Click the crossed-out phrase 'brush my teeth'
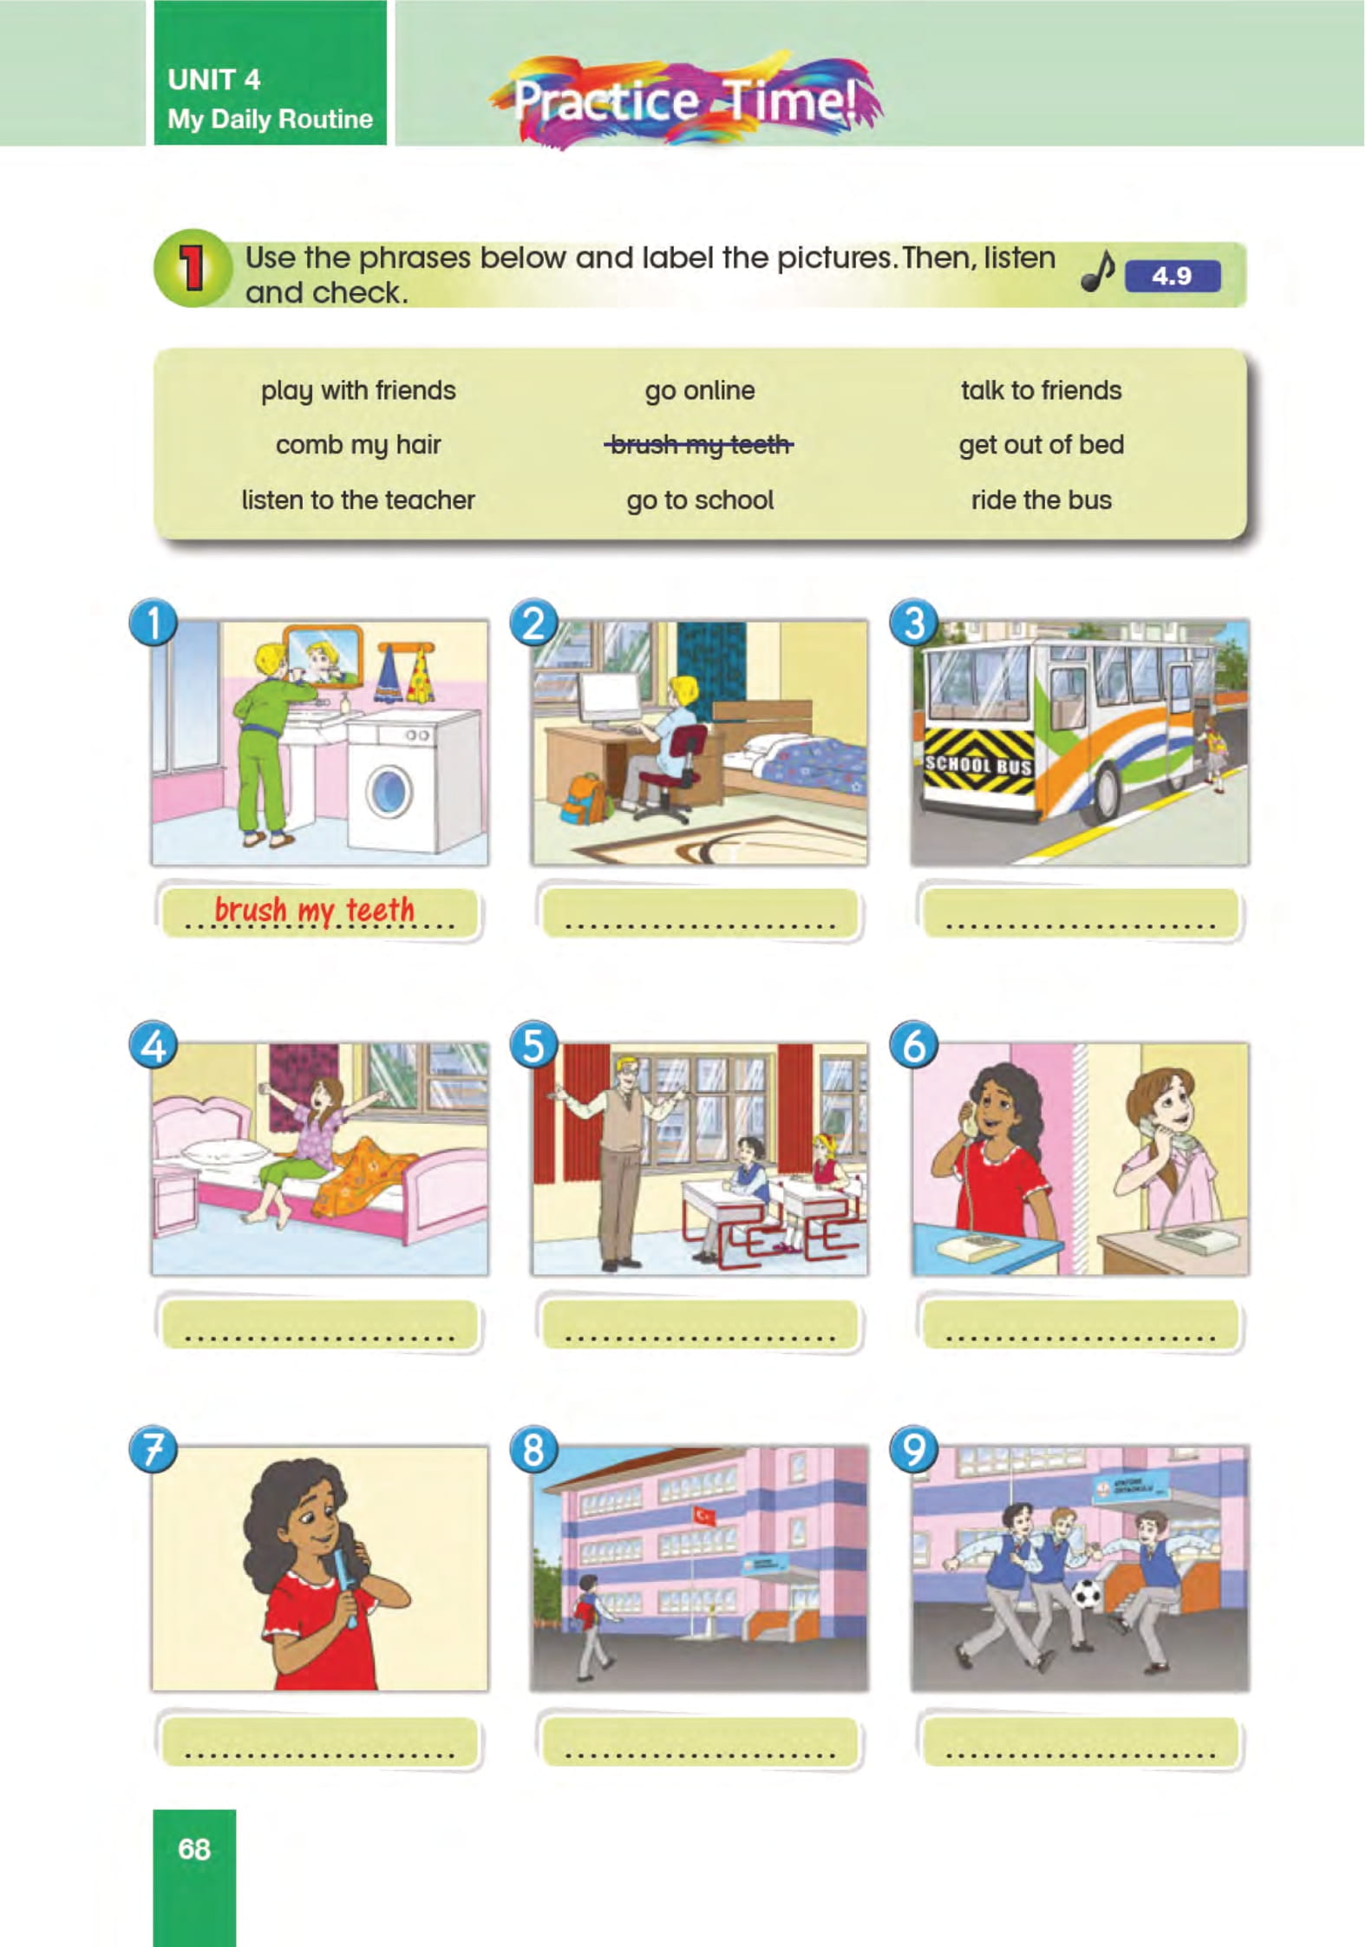point(699,445)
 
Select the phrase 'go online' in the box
point(699,390)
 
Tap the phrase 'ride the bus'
point(1041,500)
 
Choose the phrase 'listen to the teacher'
point(357,500)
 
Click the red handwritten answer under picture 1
point(314,911)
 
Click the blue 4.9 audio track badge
point(1172,277)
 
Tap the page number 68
point(194,1848)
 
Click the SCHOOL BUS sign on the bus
point(978,765)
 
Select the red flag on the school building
point(703,1514)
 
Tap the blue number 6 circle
point(914,1045)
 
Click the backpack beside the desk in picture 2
point(581,799)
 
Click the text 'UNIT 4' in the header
point(213,80)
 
